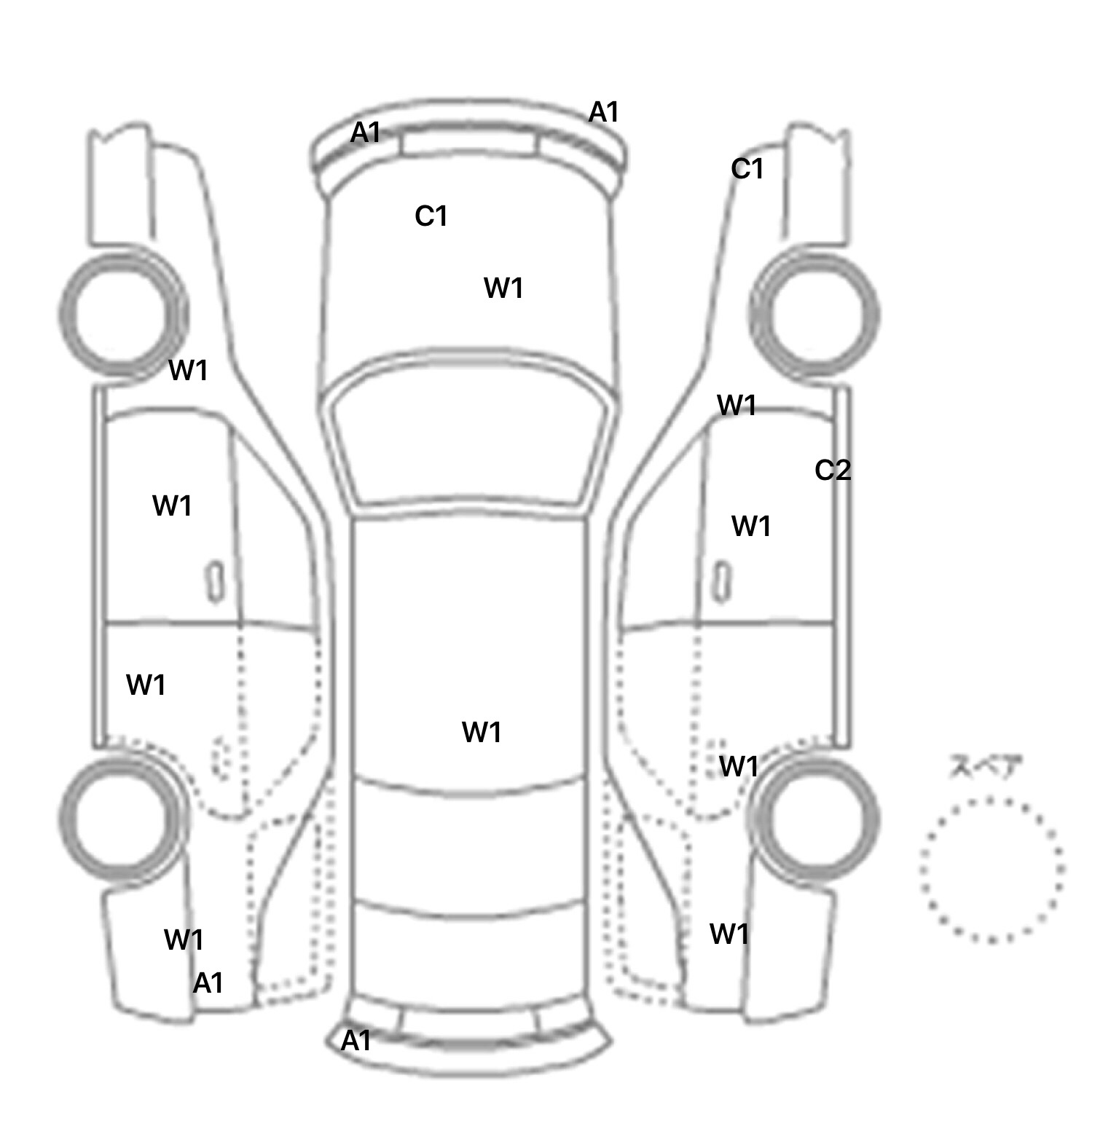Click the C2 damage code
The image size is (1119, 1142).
(x=833, y=470)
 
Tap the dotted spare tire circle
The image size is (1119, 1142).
(x=992, y=870)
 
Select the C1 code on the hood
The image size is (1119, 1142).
(x=431, y=216)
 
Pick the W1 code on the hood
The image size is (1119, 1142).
(x=503, y=288)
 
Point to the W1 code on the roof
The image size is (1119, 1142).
(x=482, y=732)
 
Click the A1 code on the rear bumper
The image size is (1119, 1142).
(x=356, y=1041)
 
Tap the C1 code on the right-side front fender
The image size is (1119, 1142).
(x=747, y=169)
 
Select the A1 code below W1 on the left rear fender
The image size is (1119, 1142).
(x=208, y=983)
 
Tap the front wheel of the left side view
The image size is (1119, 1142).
(x=122, y=315)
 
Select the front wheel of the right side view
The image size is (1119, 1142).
(x=814, y=315)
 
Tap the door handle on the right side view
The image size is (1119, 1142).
(x=722, y=583)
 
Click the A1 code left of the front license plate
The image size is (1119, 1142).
(x=365, y=133)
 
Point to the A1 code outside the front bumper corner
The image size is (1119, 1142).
(x=603, y=112)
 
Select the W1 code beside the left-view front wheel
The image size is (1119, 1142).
(x=189, y=371)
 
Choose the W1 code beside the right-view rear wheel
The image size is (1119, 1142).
(x=739, y=766)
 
